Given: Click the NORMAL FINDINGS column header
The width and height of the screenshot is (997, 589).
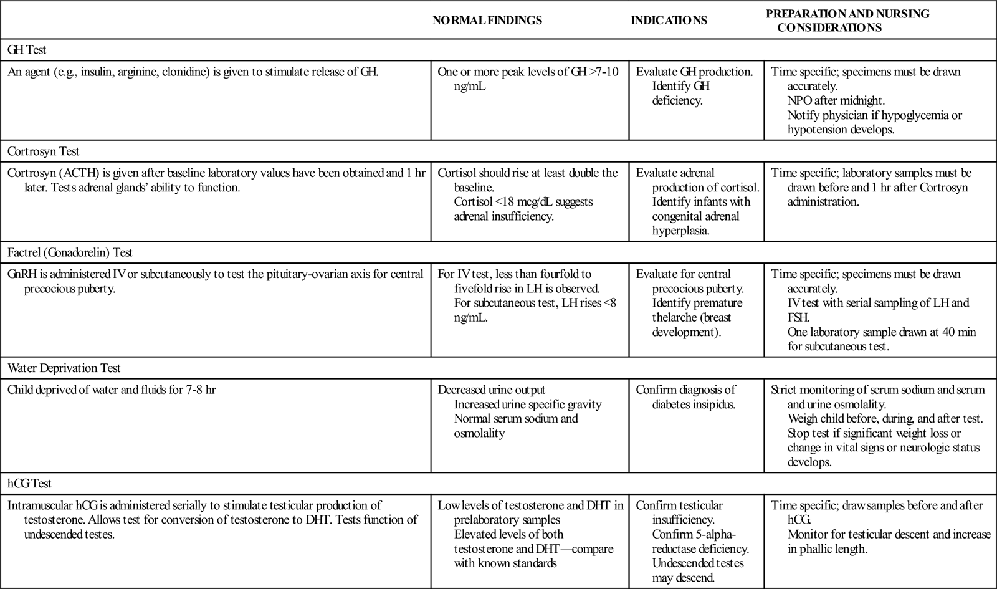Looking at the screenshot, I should click(x=487, y=21).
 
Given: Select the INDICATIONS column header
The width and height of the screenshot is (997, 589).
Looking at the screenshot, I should click(x=669, y=21).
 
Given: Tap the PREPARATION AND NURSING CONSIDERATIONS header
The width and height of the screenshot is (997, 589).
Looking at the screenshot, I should click(x=847, y=21).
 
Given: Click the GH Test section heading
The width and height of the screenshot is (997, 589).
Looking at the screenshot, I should click(x=27, y=49).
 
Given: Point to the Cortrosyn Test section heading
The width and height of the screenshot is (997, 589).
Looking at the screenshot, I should click(x=43, y=151).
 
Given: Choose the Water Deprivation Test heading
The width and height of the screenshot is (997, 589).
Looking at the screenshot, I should click(x=64, y=368).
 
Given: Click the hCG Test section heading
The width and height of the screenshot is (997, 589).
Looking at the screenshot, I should click(x=29, y=483).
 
